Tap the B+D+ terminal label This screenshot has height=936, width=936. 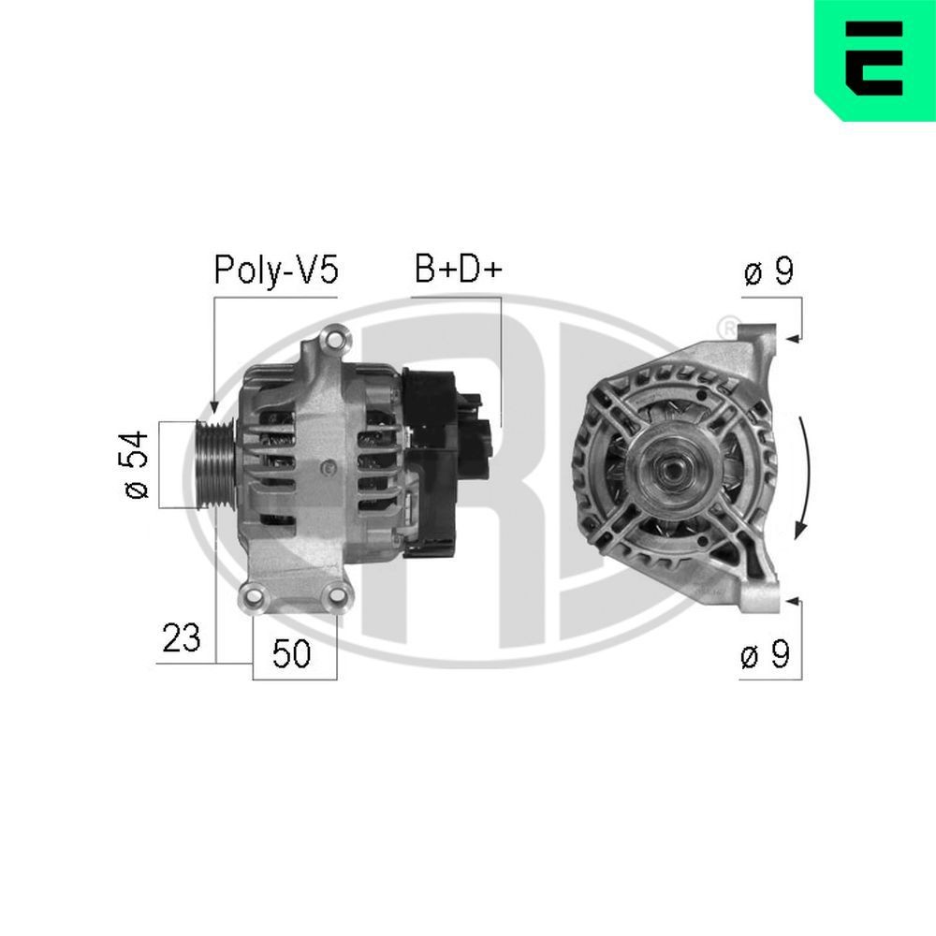458,271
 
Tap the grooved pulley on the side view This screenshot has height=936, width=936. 213,465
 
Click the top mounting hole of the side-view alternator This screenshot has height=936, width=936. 331,338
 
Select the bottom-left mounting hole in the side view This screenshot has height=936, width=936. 252,597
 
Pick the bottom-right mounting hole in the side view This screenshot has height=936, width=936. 335,597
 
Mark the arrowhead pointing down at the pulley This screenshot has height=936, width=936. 213,405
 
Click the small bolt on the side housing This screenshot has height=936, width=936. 324,466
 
